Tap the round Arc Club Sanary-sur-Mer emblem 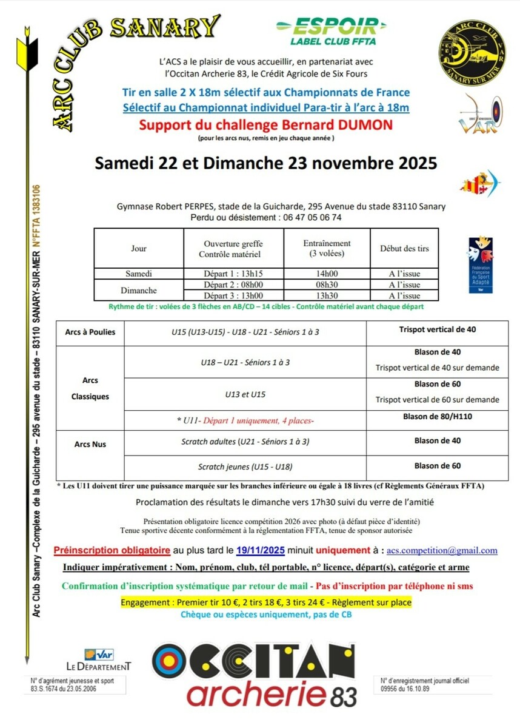tap(474, 53)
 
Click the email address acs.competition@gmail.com tap(442, 551)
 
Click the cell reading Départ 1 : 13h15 tap(233, 274)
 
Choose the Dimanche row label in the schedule tap(139, 290)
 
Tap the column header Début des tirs tap(404, 248)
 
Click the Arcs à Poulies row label tap(90, 332)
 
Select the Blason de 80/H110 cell tap(438, 417)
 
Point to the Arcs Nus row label tap(90, 444)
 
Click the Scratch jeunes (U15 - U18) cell tap(245, 467)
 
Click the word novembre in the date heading tap(350, 163)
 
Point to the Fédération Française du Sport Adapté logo tap(479, 265)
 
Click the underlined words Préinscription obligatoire tap(112, 551)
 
